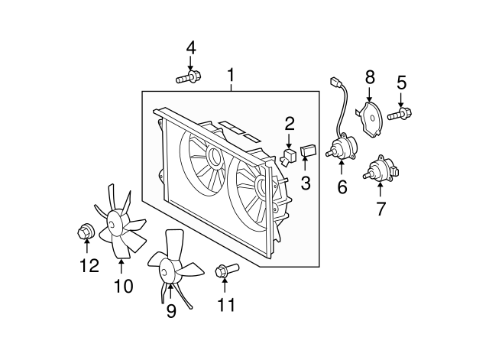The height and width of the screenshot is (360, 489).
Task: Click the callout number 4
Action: pos(191,48)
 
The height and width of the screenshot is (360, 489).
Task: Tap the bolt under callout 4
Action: pos(189,76)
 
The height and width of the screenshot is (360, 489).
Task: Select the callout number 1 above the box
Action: pos(231,76)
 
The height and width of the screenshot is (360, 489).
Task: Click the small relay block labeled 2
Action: pos(289,156)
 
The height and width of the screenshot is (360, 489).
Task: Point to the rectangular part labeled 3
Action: pos(308,151)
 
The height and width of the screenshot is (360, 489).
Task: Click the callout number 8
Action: pos(370,77)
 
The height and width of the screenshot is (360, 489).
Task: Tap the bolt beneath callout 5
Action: pos(400,114)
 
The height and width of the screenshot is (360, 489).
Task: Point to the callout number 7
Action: pos(381,209)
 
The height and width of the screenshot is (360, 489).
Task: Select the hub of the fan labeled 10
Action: pos(113,223)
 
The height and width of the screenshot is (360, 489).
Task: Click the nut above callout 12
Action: pos(85,232)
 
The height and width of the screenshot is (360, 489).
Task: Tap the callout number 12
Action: pos(89,265)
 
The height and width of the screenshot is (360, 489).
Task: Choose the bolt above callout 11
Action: pos(227,270)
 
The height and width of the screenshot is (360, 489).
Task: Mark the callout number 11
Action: pos(226,304)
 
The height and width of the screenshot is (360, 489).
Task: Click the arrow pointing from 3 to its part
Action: pos(306,164)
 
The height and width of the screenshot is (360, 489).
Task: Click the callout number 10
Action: pos(124,286)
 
